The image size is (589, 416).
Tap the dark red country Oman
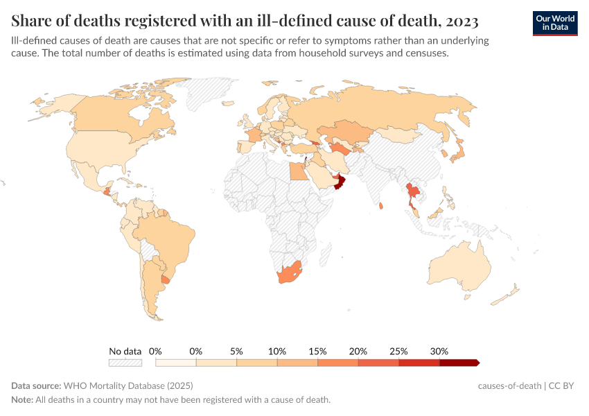(x=340, y=183)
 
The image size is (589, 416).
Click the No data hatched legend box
(x=125, y=362)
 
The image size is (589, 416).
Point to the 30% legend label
(x=439, y=351)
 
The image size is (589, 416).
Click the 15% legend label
(x=317, y=351)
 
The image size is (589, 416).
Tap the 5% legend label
(x=236, y=351)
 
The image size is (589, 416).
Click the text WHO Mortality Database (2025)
(x=128, y=385)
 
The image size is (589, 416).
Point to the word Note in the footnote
(x=21, y=400)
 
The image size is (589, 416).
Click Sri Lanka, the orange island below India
(x=382, y=205)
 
